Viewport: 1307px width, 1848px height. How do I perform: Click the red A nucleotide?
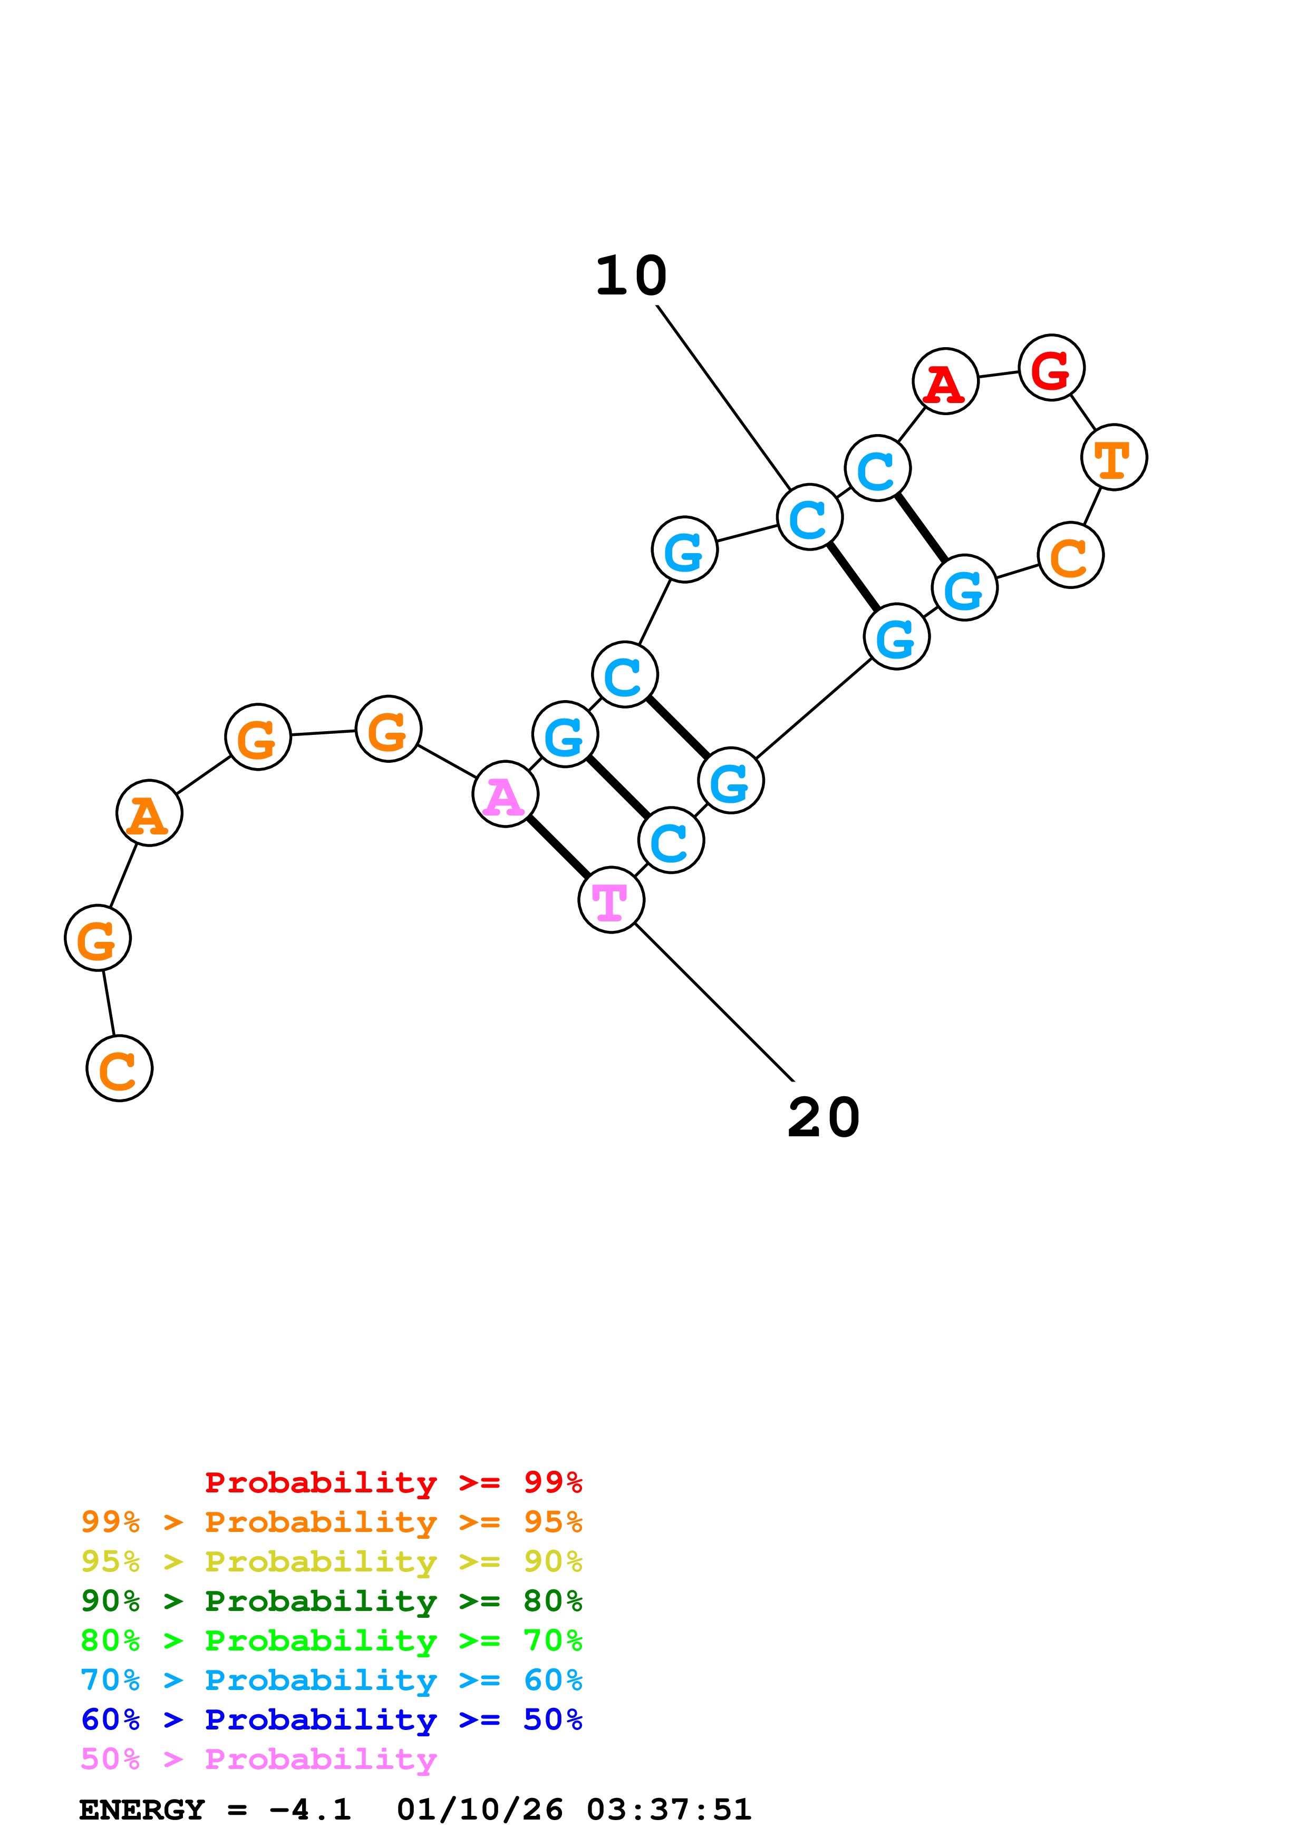point(945,381)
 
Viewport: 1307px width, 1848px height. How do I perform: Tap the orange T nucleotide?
point(1114,457)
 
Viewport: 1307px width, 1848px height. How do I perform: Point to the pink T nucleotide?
point(611,900)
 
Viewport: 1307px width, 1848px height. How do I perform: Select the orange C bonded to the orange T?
point(1070,555)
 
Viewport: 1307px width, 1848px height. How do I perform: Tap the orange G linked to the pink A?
point(388,729)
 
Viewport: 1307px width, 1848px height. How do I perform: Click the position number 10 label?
point(631,276)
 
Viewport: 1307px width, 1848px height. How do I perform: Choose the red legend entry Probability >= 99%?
point(393,1482)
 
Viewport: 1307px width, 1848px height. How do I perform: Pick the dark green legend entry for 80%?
point(331,1601)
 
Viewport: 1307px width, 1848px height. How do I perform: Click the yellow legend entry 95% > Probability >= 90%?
point(331,1561)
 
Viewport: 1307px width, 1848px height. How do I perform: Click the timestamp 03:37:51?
point(669,1810)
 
